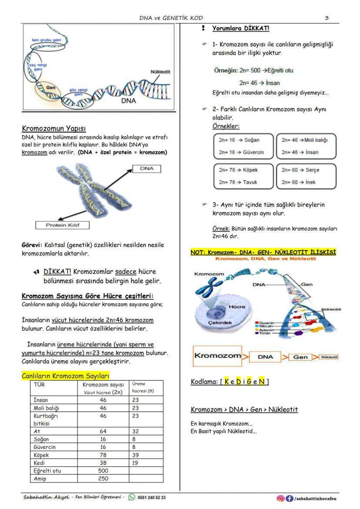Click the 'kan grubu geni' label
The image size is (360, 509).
coord(46,40)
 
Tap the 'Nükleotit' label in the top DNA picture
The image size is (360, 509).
coord(160,72)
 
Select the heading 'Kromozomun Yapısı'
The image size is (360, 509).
coord(53,128)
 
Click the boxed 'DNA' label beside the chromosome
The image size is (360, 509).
coord(147,169)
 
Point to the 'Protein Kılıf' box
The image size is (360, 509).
coord(62,225)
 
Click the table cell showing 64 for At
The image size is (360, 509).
coord(103,431)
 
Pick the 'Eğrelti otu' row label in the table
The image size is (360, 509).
coord(47,470)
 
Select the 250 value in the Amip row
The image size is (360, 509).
coord(103,478)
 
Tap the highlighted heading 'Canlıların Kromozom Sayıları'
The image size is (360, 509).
coord(65,376)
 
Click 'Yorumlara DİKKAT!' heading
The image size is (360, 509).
coord(240,28)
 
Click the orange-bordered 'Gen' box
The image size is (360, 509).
coord(300,357)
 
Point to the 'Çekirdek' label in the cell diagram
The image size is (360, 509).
coord(207,323)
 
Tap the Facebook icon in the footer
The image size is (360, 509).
coord(289,498)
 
